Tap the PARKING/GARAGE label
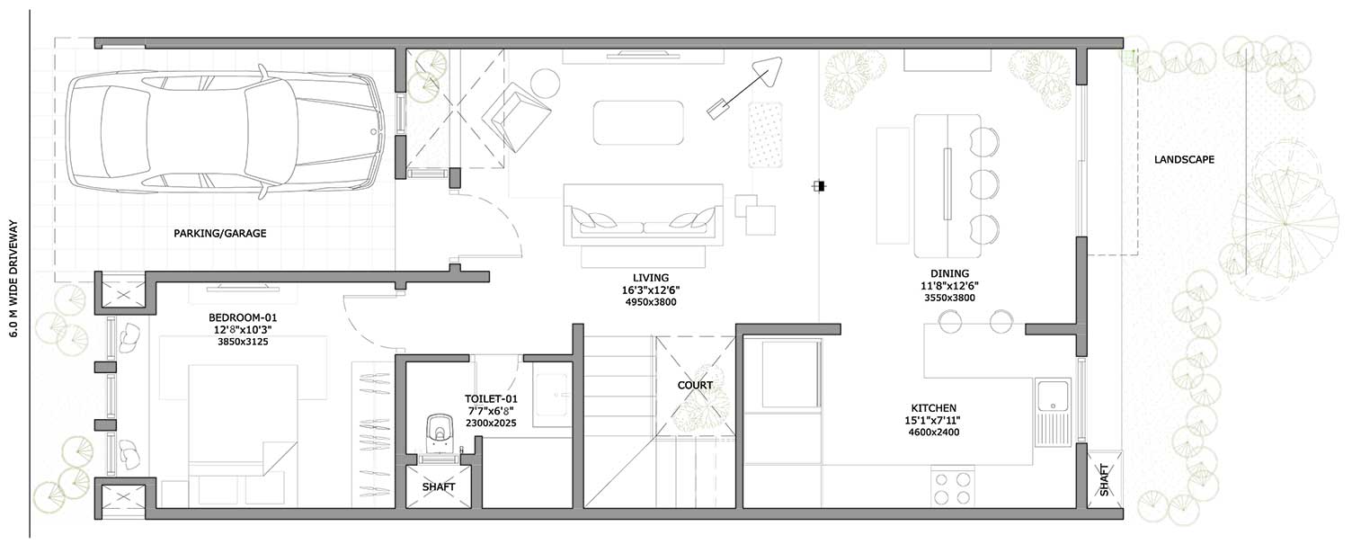tap(219, 233)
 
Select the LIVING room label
tap(651, 278)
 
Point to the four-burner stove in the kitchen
tap(953, 488)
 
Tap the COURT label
tap(695, 385)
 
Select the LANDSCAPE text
tap(1184, 159)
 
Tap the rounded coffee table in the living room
tap(638, 122)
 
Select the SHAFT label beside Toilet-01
tap(439, 486)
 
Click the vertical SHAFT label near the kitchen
tap(1104, 480)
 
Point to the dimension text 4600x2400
tap(934, 433)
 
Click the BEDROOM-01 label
tap(243, 317)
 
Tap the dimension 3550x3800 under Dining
tap(949, 298)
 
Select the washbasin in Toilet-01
tap(552, 396)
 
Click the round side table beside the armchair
tap(546, 84)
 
